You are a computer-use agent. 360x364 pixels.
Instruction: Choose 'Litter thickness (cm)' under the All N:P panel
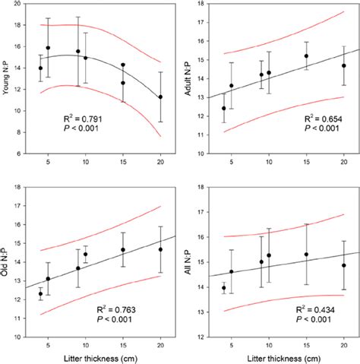point(282,356)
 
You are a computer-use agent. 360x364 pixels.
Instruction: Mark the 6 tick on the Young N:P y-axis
point(24,153)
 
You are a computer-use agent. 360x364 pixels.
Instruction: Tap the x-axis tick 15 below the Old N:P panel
point(122,343)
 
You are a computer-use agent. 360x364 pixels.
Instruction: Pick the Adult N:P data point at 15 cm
point(306,55)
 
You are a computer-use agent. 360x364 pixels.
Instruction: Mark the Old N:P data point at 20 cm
point(159,249)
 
